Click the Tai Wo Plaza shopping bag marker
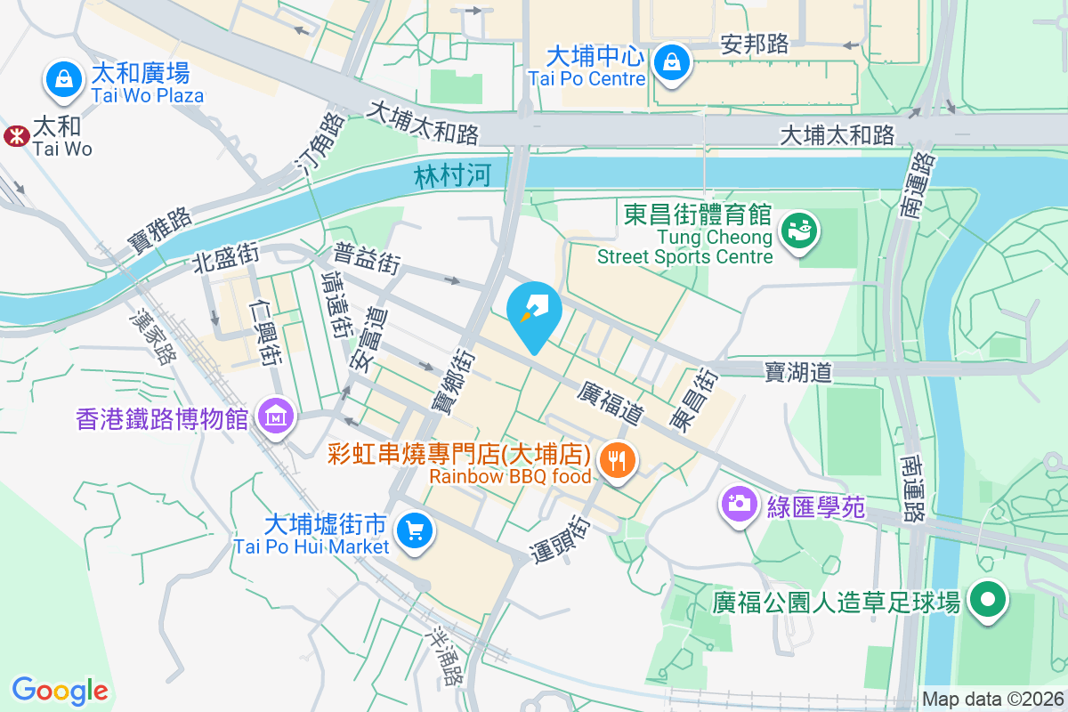63,79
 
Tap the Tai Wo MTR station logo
15,135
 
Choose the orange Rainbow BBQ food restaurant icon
616,461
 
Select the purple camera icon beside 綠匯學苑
739,505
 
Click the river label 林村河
452,177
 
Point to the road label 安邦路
755,44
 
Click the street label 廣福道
610,401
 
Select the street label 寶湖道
798,373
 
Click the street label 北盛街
225,259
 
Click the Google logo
60,690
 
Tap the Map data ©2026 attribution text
992,700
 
